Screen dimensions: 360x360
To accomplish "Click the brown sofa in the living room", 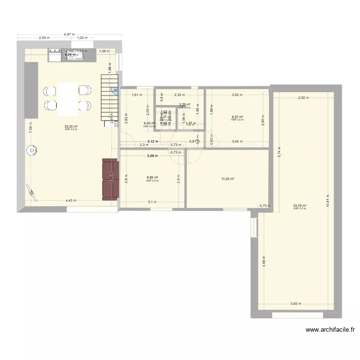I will tap(110, 179).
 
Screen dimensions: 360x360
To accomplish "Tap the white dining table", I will tap(68, 99).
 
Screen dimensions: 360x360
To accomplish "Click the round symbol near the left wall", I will tap(32, 151).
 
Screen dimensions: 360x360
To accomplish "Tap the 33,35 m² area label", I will tap(71, 127).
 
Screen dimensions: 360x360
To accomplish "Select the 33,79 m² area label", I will tap(300, 205).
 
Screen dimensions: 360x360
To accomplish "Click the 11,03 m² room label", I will tap(228, 179).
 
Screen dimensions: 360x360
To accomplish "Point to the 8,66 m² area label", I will tap(152, 178).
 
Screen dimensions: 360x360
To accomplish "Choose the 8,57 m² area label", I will tap(237, 117).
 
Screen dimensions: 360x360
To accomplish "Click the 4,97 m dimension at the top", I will tap(70, 34).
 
